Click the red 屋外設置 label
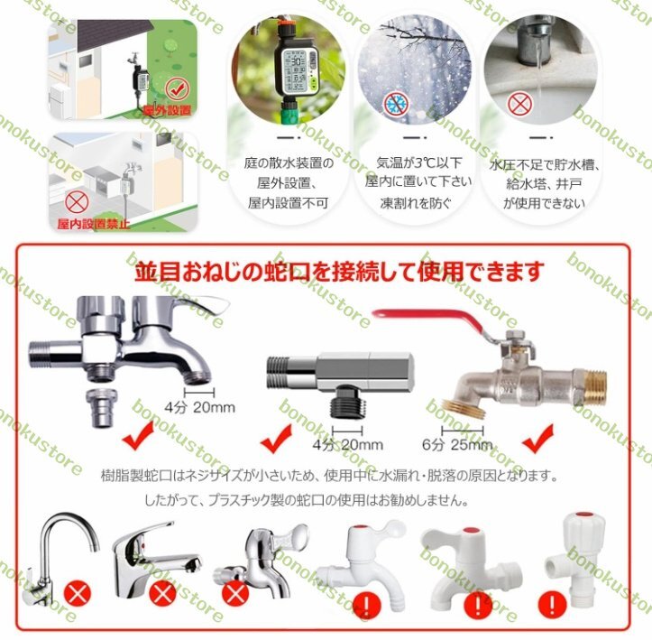click(x=167, y=110)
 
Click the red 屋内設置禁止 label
click(x=94, y=224)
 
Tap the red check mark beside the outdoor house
click(x=177, y=88)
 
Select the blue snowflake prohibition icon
click(x=396, y=104)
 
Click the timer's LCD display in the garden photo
click(x=295, y=70)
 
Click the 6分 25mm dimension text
click(x=457, y=444)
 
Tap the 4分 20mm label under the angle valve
click(x=348, y=444)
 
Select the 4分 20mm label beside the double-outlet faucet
click(x=200, y=406)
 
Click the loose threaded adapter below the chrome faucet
click(x=101, y=408)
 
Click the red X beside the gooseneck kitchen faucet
click(x=78, y=594)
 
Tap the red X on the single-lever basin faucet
click(x=163, y=593)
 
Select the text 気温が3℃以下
click(x=418, y=162)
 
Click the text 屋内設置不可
click(x=289, y=203)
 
